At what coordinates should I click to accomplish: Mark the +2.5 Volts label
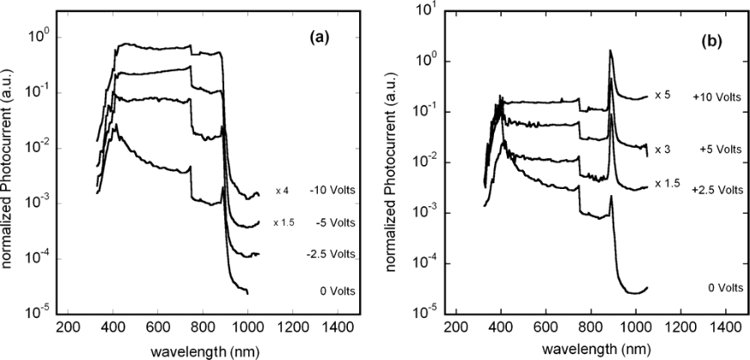coord(716,183)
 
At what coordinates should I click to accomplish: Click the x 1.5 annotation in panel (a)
coord(284,223)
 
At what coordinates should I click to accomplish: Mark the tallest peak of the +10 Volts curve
coord(611,51)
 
